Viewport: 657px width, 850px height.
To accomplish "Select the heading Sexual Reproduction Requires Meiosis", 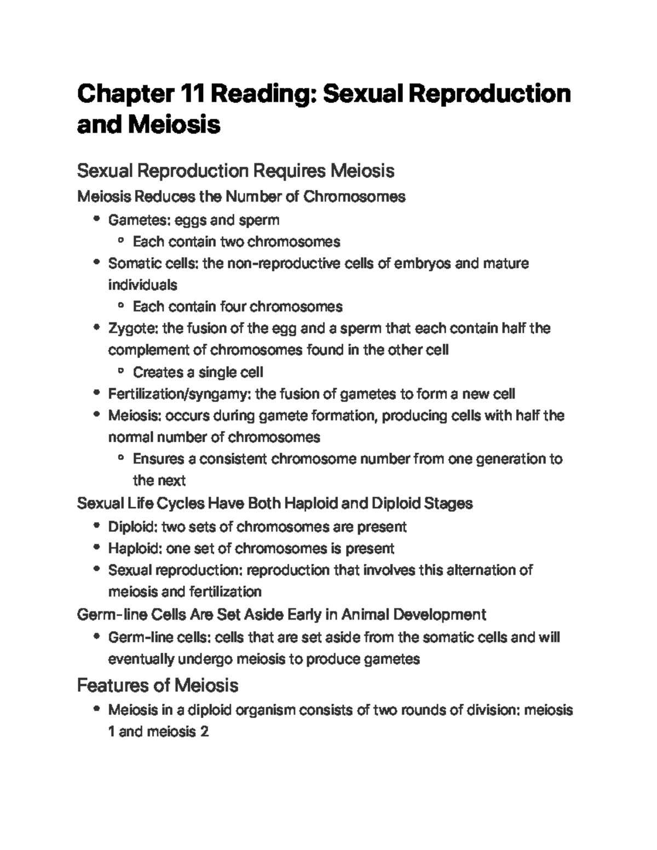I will (235, 171).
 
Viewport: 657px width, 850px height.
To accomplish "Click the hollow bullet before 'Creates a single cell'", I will (121, 372).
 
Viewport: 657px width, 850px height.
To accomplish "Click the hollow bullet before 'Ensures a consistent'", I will (121, 458).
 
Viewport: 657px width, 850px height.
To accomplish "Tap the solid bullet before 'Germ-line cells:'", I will (96, 637).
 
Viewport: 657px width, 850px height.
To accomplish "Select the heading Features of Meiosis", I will (157, 685).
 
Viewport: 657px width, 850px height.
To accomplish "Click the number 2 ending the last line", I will (204, 732).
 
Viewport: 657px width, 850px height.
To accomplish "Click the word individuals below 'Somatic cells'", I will (142, 285).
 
